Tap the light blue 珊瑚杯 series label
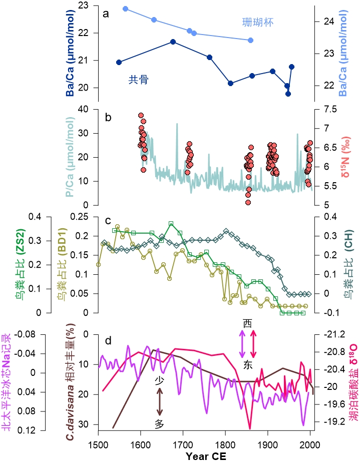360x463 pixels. coord(257,23)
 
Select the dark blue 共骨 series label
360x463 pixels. coord(138,79)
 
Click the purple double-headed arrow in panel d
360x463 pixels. coord(243,344)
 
